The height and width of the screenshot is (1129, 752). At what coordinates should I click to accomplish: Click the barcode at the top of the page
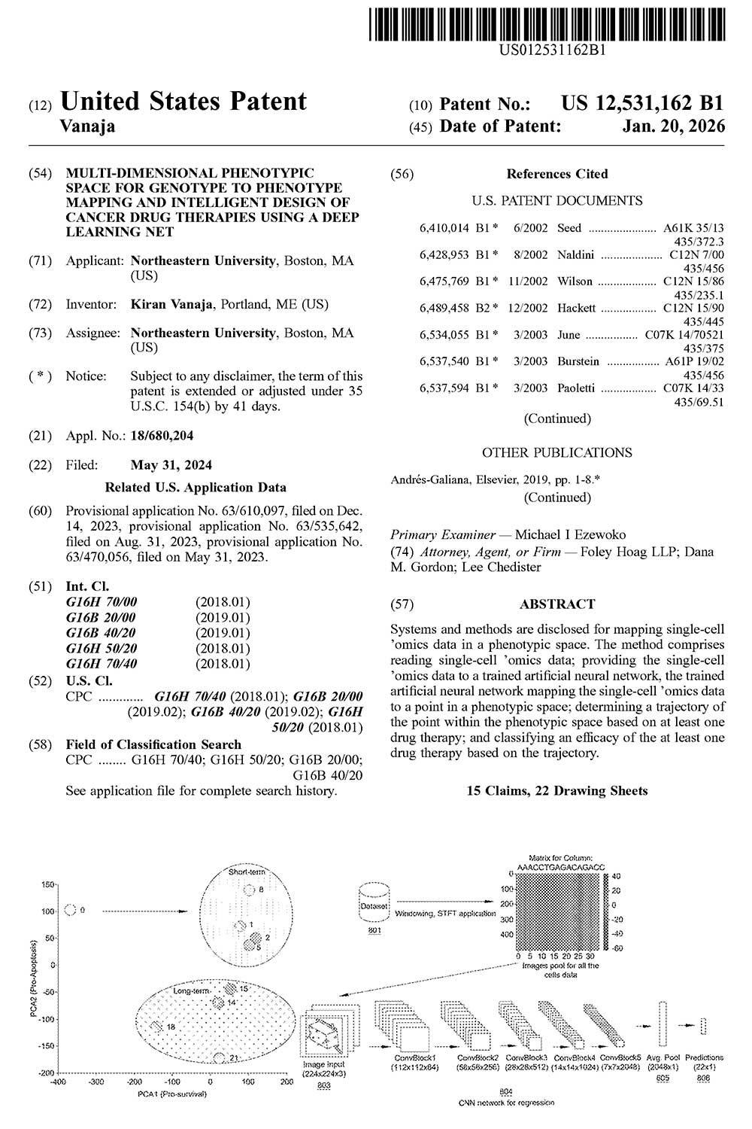click(x=548, y=23)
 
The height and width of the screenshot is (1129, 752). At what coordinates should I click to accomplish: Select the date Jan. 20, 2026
click(x=674, y=126)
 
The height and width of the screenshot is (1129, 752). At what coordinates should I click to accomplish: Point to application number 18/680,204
click(x=161, y=435)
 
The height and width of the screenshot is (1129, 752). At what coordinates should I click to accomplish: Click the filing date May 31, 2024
click(x=171, y=464)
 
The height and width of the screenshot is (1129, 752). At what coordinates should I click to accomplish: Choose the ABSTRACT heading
click(x=556, y=604)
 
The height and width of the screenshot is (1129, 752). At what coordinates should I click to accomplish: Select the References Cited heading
click(x=556, y=174)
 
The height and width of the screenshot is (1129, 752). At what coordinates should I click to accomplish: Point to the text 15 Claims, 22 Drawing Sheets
click(x=556, y=790)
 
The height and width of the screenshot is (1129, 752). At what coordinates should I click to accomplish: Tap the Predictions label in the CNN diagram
click(x=704, y=1057)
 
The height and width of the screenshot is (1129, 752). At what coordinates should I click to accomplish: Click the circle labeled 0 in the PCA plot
click(x=71, y=911)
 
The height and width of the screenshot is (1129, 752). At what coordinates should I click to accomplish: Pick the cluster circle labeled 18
click(x=157, y=1027)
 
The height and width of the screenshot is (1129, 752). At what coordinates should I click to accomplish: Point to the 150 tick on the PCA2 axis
click(x=49, y=884)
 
